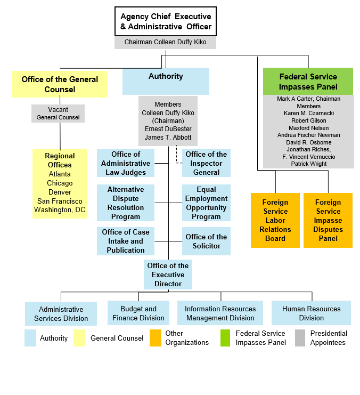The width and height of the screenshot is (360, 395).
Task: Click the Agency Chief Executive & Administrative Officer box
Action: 166,21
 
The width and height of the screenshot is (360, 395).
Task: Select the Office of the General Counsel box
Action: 60,84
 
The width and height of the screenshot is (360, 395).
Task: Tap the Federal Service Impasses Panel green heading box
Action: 308,81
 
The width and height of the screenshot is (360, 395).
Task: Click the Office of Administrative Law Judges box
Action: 126,163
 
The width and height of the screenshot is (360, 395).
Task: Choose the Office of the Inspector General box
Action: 206,163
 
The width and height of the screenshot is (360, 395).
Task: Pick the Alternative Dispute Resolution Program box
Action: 126,203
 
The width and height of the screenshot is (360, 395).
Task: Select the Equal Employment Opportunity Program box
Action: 206,203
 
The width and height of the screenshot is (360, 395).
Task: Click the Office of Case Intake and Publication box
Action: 126,241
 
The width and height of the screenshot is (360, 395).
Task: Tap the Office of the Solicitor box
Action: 206,241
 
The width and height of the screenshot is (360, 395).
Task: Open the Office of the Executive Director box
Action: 168,275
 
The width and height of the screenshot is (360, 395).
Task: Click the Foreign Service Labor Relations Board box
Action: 275,220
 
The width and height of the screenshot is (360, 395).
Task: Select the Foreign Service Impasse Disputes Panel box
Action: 328,220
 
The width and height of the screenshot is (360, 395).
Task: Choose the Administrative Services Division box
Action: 61,313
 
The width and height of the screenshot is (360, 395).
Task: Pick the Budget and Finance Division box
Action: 138,313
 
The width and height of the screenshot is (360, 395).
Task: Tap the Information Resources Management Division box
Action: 220,313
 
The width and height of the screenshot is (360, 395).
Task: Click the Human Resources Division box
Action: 311,313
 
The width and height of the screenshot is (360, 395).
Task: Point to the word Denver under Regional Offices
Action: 60,192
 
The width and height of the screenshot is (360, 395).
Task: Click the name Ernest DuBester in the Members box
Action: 168,129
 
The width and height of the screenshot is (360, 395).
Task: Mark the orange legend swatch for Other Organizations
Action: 156,338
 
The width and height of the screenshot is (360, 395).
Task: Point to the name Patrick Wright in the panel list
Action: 308,164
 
